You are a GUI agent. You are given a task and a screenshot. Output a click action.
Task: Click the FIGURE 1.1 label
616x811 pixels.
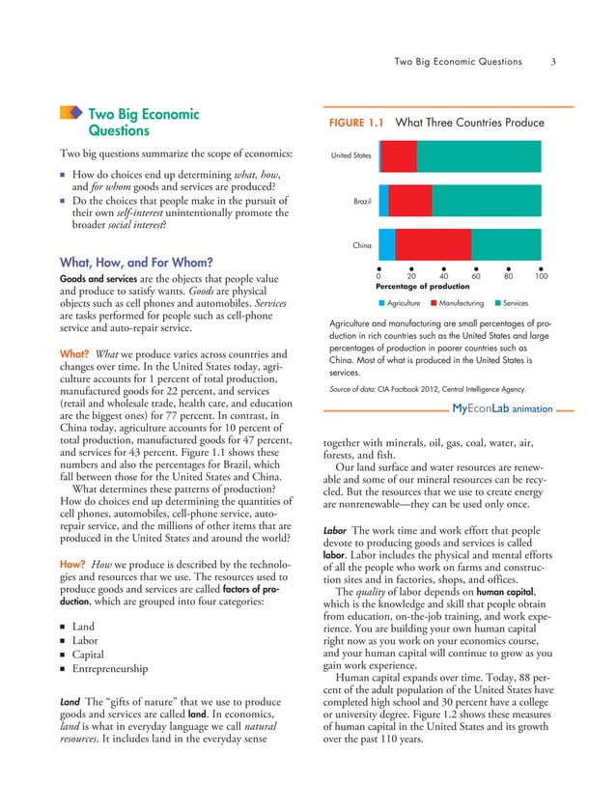(357, 124)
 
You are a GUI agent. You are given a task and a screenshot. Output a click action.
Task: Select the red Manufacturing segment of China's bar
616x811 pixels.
(434, 244)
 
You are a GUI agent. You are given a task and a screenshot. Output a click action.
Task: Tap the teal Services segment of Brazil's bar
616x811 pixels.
(487, 200)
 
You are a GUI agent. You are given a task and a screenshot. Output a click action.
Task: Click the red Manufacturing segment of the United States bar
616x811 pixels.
(400, 155)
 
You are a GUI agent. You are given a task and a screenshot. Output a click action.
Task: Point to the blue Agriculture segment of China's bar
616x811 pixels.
(387, 244)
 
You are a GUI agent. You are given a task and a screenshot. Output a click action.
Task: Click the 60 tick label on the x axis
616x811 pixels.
(476, 276)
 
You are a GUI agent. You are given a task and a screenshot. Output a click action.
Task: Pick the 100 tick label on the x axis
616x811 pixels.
(541, 276)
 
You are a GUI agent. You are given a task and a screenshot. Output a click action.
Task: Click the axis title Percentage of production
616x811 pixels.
(422, 287)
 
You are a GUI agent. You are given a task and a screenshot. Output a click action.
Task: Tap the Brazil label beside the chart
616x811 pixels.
(362, 200)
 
